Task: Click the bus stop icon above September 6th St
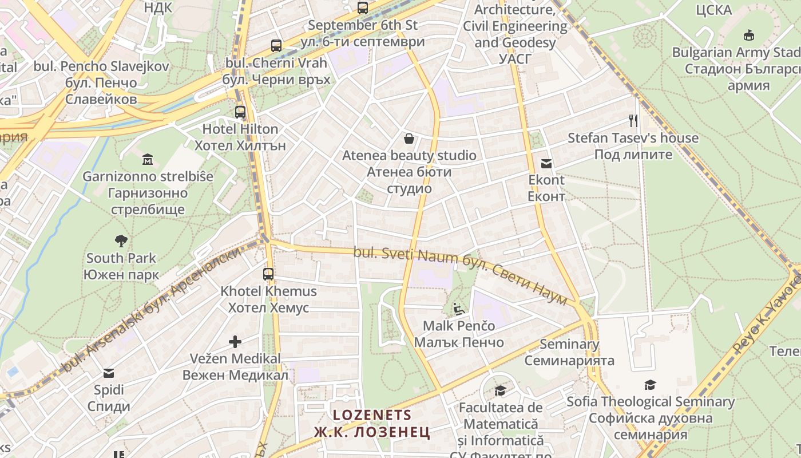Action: click(362, 8)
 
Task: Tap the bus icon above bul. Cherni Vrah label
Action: click(276, 46)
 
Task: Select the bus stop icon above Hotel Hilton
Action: click(240, 112)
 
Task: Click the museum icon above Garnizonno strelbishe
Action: click(148, 159)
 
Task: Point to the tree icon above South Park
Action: click(121, 240)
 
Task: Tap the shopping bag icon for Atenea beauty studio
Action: click(409, 139)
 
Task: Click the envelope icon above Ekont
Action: click(546, 164)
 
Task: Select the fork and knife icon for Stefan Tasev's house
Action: click(633, 121)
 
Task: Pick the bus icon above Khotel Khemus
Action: click(268, 274)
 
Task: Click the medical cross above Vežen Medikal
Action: click(235, 342)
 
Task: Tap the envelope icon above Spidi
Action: click(109, 374)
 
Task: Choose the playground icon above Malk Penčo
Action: click(459, 309)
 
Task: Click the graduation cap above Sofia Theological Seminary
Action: click(650, 385)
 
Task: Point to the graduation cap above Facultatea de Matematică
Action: click(500, 390)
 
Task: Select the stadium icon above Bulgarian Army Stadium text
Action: click(748, 35)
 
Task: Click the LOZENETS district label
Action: click(372, 415)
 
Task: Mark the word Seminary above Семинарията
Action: click(569, 344)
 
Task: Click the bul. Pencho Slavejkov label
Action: click(101, 66)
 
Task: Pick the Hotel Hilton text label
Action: click(240, 129)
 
